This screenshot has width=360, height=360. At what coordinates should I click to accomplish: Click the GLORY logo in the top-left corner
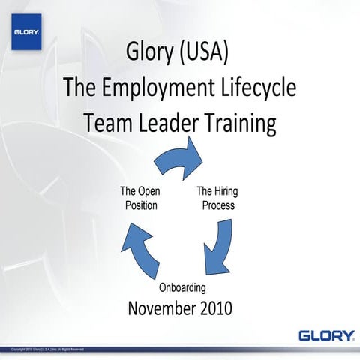[x=26, y=32]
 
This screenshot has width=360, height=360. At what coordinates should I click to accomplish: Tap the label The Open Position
[x=139, y=198]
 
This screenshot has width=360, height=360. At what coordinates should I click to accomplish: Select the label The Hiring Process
[x=217, y=198]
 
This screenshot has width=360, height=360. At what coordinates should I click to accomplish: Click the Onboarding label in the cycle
[x=182, y=287]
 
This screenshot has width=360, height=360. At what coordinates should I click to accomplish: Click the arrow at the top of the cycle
[x=181, y=160]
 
